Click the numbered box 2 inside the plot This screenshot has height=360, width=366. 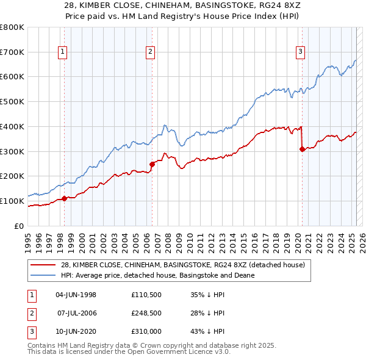[150, 52]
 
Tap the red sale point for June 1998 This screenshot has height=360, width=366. [64, 198]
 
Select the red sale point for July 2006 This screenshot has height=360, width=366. [151, 164]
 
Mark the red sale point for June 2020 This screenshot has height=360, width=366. [301, 148]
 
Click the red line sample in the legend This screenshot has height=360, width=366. [43, 264]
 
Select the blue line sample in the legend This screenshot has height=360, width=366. [43, 275]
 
